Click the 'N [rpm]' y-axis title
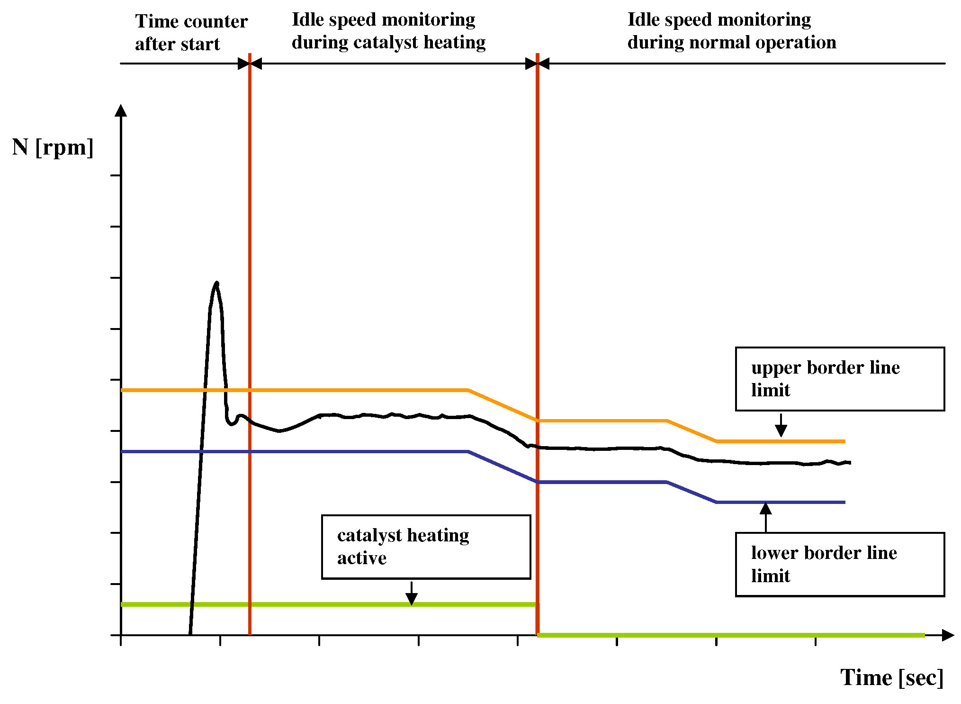53,147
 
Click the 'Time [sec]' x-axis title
891,677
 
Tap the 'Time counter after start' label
191,32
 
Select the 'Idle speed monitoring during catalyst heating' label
388,31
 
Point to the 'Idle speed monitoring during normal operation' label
731,31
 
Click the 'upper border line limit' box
839,379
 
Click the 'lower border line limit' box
839,564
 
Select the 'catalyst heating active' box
425,547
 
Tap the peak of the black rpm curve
217,283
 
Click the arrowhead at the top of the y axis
121,110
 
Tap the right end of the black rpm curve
850,462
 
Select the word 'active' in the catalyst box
362,558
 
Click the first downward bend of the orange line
468,390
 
